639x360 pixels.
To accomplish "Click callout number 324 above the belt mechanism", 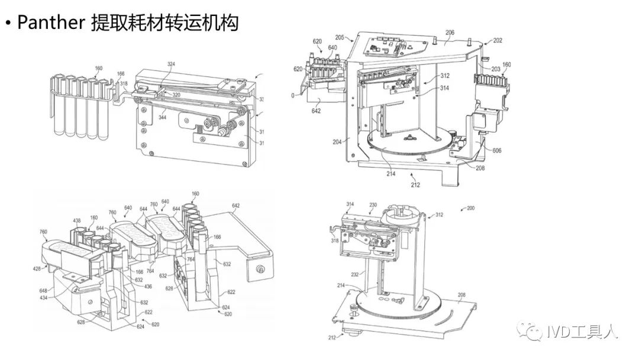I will coord(171,63).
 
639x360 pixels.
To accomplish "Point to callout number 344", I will coord(162,117).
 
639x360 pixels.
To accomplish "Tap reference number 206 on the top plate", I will coord(450,34).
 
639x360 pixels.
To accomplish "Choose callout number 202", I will coord(497,41).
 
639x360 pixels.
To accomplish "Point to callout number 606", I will coord(496,151).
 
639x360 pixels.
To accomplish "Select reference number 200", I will coord(470,208).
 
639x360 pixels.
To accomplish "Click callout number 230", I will coord(373,205).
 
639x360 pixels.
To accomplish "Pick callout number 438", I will coord(77,221).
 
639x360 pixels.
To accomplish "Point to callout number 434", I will coord(43,297).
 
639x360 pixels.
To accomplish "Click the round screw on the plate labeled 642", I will coord(258,269).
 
